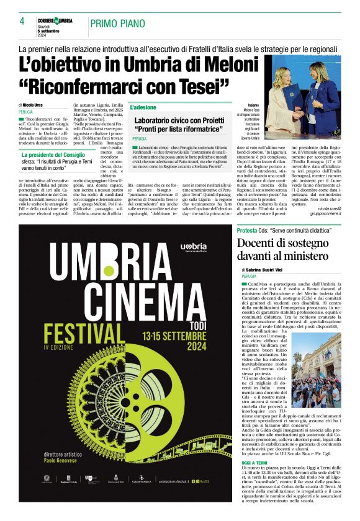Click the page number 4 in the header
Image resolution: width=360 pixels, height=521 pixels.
click(22, 21)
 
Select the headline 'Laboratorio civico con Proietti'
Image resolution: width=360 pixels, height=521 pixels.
click(179, 119)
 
